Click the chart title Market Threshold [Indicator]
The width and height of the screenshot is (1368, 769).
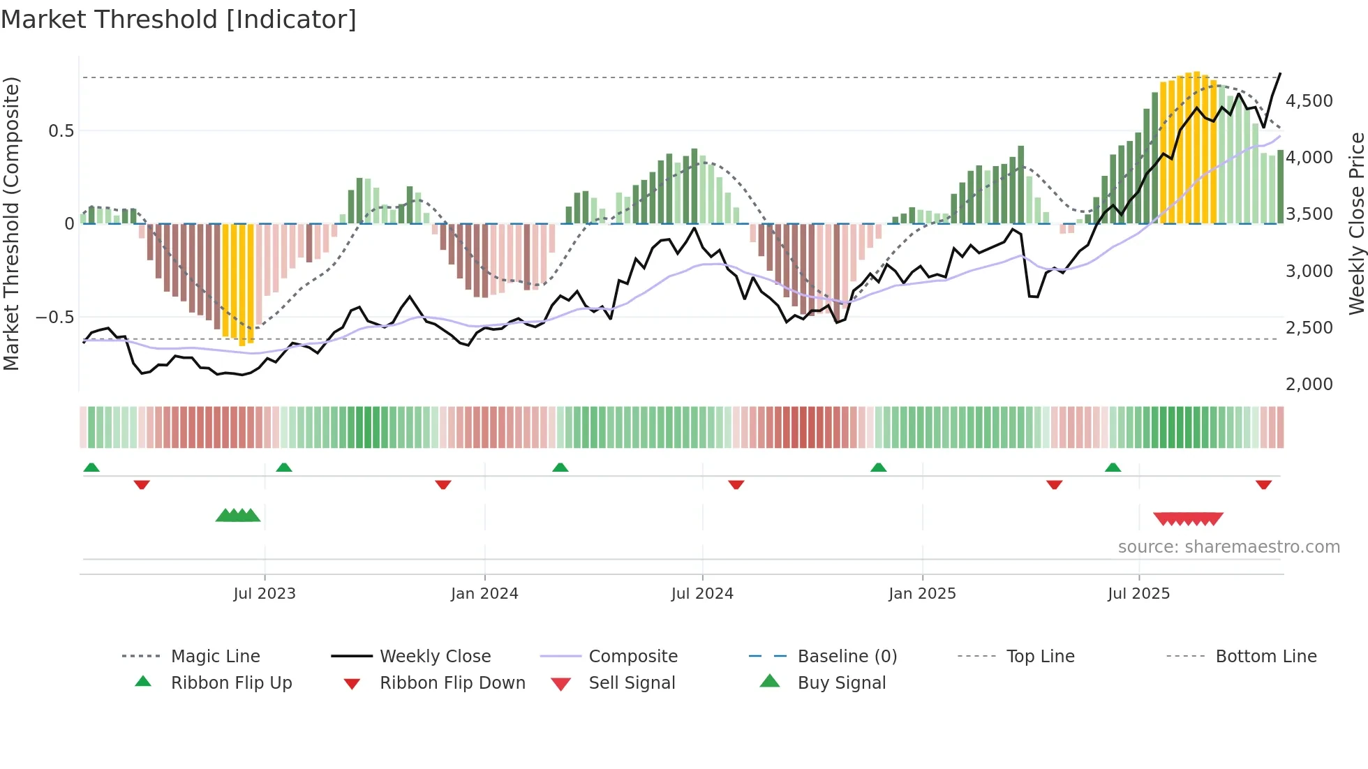[179, 20]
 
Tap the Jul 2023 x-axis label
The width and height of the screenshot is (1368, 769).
[265, 594]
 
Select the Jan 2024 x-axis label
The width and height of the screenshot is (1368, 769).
[484, 594]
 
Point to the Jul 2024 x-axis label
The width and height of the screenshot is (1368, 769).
[702, 594]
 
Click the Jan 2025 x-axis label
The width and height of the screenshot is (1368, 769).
[922, 594]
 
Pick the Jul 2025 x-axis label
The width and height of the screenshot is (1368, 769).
[1138, 594]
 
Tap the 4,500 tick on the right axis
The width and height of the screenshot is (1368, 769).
[1309, 101]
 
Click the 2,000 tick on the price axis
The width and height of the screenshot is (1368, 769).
[1309, 384]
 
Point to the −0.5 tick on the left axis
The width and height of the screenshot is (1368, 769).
[55, 318]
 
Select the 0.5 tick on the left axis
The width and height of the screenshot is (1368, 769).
[61, 131]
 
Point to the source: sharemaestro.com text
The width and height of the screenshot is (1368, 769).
[1228, 547]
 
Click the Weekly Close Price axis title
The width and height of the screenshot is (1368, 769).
[1356, 223]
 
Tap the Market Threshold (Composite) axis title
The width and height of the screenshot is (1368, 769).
[11, 223]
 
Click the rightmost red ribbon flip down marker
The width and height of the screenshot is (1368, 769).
[1263, 484]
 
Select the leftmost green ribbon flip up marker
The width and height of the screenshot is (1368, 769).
[91, 468]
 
